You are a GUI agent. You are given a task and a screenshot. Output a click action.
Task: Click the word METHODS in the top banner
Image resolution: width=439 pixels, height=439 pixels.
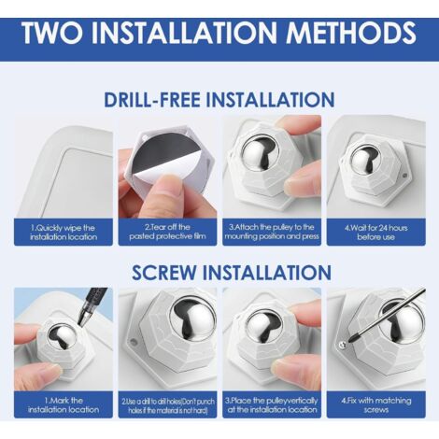[x=351, y=33]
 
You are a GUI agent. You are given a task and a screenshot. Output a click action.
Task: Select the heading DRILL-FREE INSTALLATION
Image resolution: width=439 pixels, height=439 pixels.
[x=219, y=100]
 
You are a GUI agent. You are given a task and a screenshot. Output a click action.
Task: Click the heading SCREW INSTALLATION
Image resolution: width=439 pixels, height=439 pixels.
[x=232, y=273]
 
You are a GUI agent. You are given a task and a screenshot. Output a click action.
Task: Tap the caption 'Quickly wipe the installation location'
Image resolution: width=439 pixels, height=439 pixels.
[x=64, y=233]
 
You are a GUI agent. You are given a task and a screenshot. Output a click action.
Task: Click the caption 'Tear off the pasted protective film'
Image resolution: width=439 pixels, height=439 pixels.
[x=167, y=232]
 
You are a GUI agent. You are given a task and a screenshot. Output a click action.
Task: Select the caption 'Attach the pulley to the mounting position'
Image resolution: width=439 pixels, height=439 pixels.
[x=272, y=232]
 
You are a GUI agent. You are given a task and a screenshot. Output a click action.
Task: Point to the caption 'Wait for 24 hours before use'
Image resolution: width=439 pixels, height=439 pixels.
[x=375, y=233]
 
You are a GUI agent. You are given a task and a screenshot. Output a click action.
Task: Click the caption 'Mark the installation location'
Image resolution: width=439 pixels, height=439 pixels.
[x=64, y=404]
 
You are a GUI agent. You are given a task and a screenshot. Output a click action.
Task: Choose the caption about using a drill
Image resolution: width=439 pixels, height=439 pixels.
[x=168, y=405]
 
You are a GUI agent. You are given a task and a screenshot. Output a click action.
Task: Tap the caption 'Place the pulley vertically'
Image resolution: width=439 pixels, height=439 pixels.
[x=272, y=404]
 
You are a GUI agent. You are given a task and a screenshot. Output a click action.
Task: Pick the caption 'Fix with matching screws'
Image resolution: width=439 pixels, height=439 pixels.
[x=375, y=404]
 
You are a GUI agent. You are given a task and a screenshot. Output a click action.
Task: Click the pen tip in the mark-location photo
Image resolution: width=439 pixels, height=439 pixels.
[x=79, y=324]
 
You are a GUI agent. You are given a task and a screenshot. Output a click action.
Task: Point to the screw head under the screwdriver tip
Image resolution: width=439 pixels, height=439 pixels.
[x=343, y=345]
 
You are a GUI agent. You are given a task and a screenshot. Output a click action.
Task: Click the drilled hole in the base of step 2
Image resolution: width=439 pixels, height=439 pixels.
[x=134, y=342]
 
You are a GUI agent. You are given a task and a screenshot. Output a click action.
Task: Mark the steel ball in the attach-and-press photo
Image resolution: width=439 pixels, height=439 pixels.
[x=256, y=155]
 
